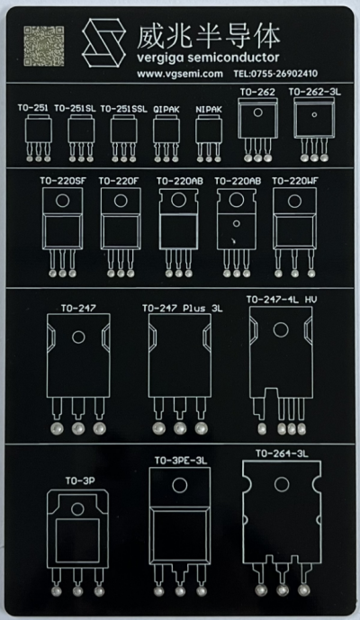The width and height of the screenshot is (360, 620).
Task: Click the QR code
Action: [44, 46]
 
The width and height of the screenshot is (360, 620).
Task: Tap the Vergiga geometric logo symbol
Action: [104, 42]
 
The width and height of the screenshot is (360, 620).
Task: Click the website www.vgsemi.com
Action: [180, 74]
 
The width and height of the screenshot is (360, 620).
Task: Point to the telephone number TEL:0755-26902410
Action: [275, 74]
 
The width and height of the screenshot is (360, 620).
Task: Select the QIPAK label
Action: [166, 110]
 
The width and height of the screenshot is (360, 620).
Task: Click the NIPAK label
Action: [209, 110]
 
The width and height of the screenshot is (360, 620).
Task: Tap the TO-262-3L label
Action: [314, 92]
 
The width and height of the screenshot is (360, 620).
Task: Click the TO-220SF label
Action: [62, 181]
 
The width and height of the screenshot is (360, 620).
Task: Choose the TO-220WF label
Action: [295, 181]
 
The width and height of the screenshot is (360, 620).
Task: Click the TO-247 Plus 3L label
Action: [183, 308]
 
